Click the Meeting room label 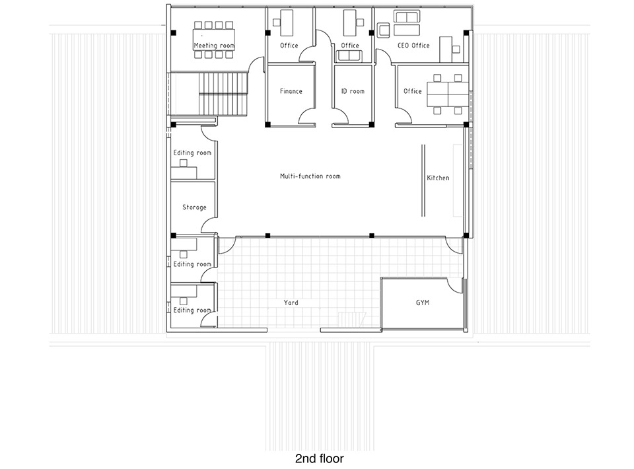click(214, 46)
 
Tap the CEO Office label click(413, 46)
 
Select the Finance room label click(291, 91)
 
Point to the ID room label click(353, 91)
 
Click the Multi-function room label click(310, 176)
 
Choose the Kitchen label click(438, 178)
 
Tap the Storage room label click(194, 207)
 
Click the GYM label click(423, 303)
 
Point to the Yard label click(291, 303)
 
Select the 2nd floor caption click(320, 458)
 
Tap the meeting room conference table click(214, 40)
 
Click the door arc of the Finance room click(306, 116)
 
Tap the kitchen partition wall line click(423, 180)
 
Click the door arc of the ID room click(340, 116)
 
